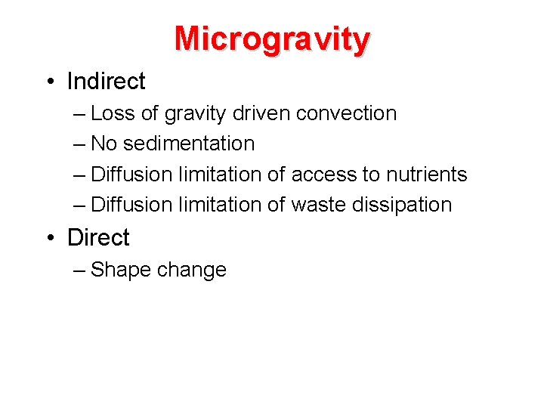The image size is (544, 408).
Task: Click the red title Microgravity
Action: [x=272, y=39]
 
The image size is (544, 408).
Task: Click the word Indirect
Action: [x=106, y=81]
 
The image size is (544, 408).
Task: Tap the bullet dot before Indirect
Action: [x=49, y=82]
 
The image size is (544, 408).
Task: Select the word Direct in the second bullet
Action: [x=98, y=237]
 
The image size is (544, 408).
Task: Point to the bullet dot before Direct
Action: [x=49, y=238]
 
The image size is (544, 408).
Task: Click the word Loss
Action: [x=113, y=113]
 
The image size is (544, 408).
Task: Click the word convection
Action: [x=346, y=113]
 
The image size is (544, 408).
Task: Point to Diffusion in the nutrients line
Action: [x=131, y=175]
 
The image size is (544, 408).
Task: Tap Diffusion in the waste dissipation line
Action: [x=131, y=205]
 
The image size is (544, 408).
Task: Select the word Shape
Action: [x=121, y=270]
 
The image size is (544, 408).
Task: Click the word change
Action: [x=192, y=270]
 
